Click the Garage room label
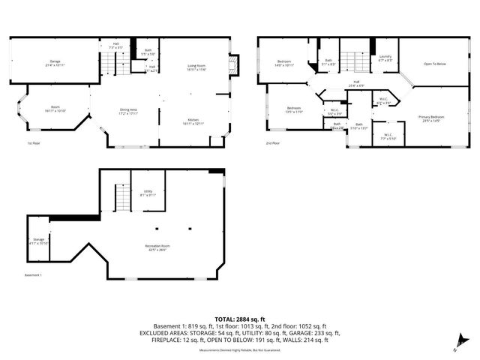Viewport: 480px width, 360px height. pos(55,63)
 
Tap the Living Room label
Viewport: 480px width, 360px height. pos(197,68)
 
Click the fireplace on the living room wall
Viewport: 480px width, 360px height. pos(234,66)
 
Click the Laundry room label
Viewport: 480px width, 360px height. pos(385,58)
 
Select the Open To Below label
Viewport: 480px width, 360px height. pos(435,64)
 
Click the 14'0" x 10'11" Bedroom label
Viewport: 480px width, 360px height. pos(284,64)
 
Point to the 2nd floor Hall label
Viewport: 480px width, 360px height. pos(358,84)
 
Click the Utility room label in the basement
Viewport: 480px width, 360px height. pos(148,193)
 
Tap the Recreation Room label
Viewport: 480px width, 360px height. pos(157,247)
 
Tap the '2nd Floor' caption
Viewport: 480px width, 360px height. pos(273,142)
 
